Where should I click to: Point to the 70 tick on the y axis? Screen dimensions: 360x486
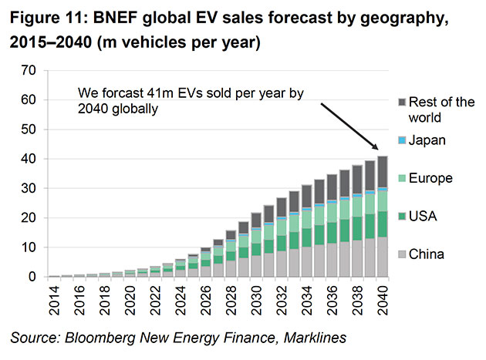pyautogui.click(x=30, y=71)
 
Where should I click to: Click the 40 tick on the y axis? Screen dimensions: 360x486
pyautogui.click(x=30, y=159)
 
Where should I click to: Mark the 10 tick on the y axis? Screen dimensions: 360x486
pyautogui.click(x=30, y=247)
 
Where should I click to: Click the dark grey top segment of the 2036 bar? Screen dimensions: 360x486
pyautogui.click(x=332, y=186)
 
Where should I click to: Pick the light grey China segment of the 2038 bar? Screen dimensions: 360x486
pyautogui.click(x=357, y=258)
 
